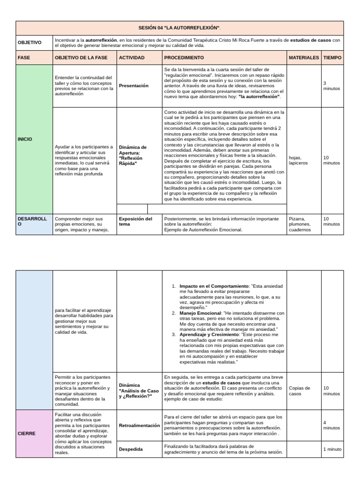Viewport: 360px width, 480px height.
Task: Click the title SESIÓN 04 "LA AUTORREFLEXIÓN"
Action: tap(180, 28)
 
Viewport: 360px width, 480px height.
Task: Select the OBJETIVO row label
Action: tap(29, 43)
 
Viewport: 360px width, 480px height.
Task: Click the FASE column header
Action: tap(23, 58)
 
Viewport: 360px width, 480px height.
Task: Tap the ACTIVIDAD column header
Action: tap(132, 58)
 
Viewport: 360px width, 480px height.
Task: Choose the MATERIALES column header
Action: tap(304, 58)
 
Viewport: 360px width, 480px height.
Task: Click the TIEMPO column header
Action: tap(332, 58)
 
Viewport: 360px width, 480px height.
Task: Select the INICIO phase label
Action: tap(25, 139)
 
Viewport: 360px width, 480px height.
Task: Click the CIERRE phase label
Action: tap(26, 434)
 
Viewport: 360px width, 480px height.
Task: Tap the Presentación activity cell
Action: tap(134, 86)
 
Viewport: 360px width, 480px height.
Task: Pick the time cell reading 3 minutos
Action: tap(331, 86)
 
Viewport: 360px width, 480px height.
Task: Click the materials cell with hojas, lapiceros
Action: tap(299, 160)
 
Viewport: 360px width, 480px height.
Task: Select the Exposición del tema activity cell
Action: tap(135, 221)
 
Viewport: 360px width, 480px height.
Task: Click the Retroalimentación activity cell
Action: tap(139, 426)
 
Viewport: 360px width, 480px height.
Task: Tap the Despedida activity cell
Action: tap(131, 449)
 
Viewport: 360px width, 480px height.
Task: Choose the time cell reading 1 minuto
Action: tap(332, 449)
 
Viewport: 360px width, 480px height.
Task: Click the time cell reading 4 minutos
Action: tap(331, 425)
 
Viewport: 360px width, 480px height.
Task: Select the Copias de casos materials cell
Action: tap(300, 391)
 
